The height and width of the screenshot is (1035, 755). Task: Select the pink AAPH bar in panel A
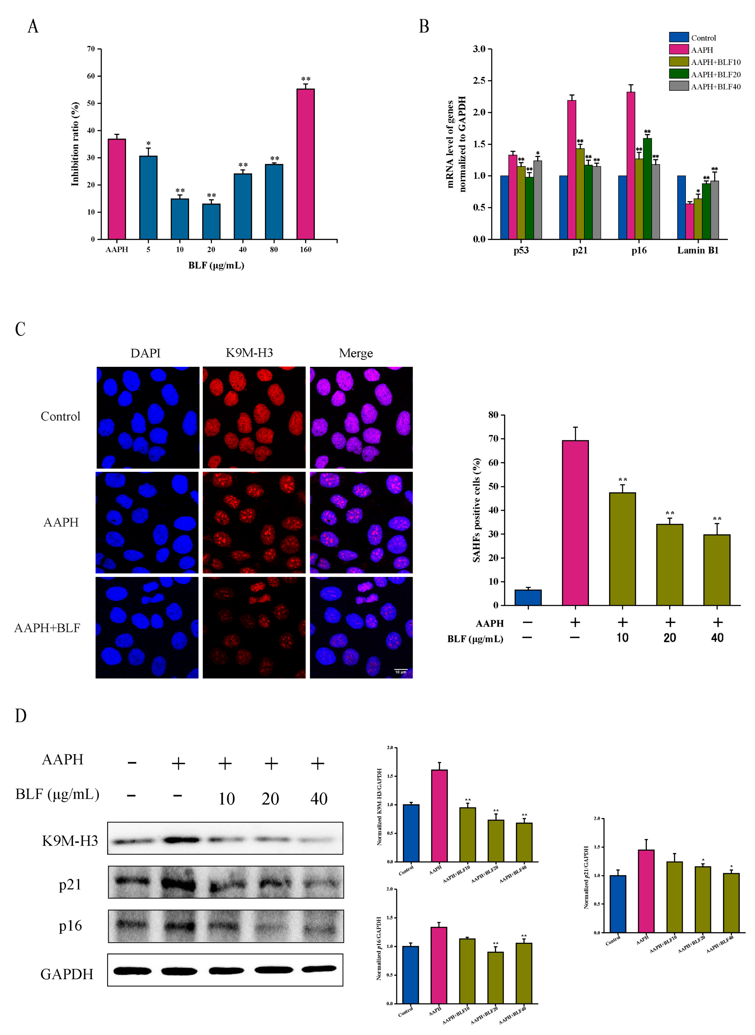click(x=116, y=189)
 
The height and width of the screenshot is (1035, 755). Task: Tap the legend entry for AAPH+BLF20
click(x=715, y=74)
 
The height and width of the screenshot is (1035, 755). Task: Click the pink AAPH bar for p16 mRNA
click(x=631, y=166)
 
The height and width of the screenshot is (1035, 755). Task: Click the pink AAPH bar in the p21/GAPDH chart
click(x=646, y=891)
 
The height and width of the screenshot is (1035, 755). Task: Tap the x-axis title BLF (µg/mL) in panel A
click(x=216, y=265)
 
